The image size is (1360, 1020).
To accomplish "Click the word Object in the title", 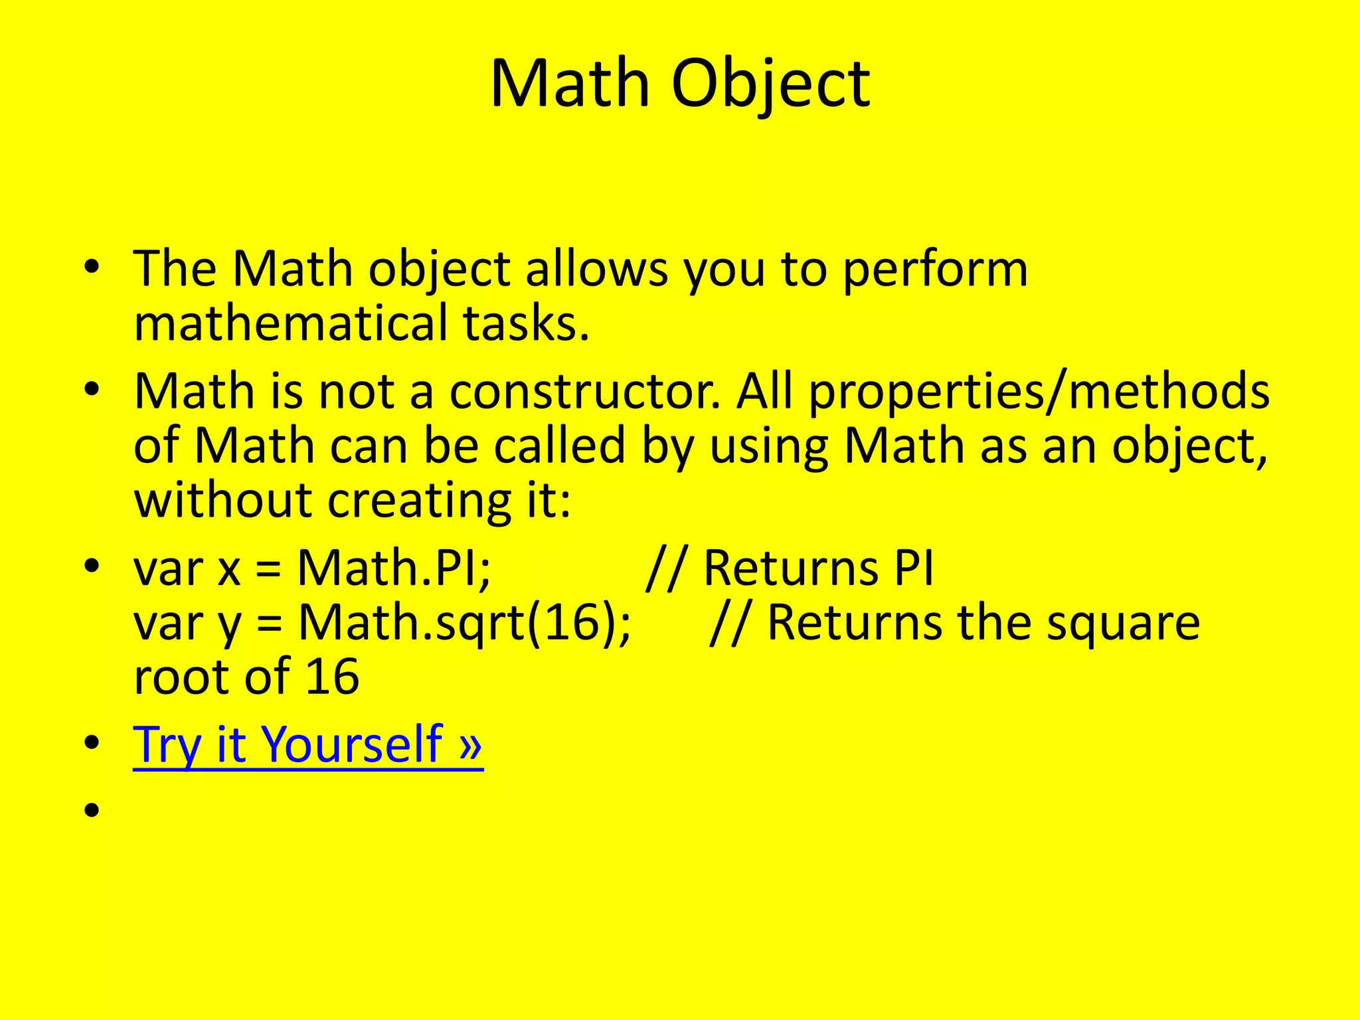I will [770, 84].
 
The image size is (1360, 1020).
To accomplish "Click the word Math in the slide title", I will [570, 84].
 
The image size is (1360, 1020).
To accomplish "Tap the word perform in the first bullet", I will [935, 270].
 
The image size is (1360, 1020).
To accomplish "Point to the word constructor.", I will [584, 391].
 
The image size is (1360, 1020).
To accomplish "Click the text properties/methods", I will [1039, 391].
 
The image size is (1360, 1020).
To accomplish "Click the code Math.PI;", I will [394, 568].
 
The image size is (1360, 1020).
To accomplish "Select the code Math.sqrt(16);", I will [464, 623].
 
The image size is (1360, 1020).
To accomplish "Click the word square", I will [1123, 623].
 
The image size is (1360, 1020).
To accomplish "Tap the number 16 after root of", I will [332, 677].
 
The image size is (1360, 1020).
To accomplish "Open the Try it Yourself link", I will [307, 744].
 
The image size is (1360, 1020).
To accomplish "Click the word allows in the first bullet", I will [596, 270].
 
